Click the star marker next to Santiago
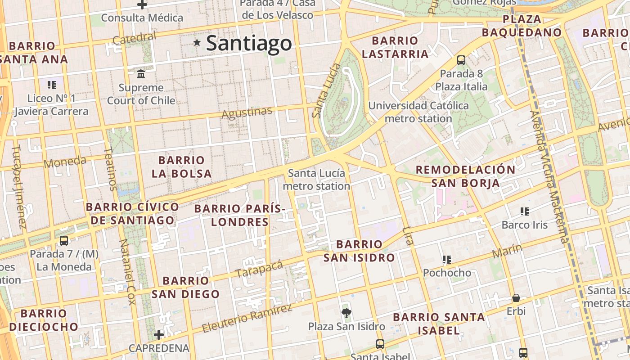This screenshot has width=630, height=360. (197, 43)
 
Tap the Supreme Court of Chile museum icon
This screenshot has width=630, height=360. (141, 73)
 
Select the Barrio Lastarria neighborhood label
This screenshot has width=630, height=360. (395, 47)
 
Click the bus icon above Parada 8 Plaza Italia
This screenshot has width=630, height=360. (461, 60)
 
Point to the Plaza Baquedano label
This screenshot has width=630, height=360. (522, 26)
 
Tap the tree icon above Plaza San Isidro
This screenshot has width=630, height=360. (346, 313)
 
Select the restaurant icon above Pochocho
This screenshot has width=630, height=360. (446, 259)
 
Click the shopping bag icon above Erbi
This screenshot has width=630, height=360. (516, 298)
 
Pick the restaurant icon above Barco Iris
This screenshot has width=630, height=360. (524, 211)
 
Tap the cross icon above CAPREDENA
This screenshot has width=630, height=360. (158, 335)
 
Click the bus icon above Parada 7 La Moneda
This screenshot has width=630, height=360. (64, 240)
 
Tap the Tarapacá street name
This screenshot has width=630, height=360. (259, 269)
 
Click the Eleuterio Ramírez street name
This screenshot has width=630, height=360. (247, 318)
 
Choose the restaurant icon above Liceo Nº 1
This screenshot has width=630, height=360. (51, 85)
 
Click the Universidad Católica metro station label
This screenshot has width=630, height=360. (418, 112)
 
